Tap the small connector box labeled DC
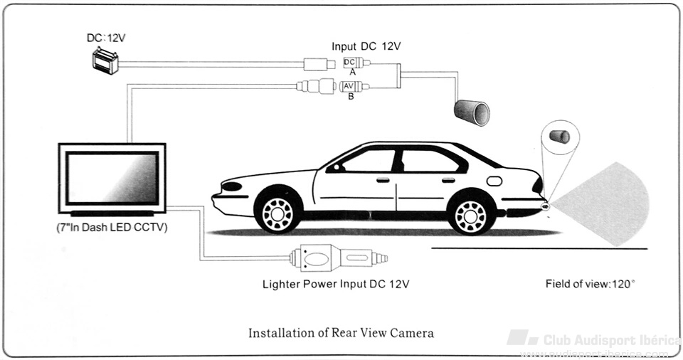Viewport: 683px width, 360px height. [349, 63]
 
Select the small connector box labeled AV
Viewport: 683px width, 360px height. [349, 87]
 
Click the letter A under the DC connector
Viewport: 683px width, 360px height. [351, 73]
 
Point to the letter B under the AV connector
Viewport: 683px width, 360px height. [351, 96]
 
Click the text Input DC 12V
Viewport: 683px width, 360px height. [366, 46]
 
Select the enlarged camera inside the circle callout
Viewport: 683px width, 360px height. [560, 135]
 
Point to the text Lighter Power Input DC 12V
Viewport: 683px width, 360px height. [336, 285]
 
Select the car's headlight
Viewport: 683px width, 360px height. [232, 186]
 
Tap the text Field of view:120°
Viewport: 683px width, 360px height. [590, 284]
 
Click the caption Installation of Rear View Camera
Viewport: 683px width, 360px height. [341, 332]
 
